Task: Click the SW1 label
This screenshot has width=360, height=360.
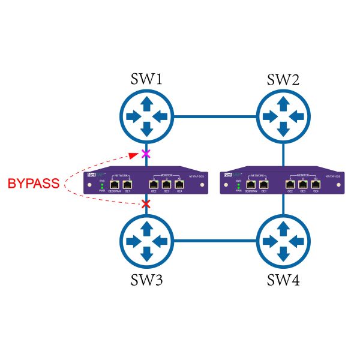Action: click(x=147, y=80)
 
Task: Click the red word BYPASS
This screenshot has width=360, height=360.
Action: click(x=34, y=184)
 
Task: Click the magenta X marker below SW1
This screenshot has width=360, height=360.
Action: click(x=145, y=154)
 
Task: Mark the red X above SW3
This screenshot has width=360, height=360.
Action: click(x=145, y=205)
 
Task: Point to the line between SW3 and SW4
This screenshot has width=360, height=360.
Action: click(x=214, y=241)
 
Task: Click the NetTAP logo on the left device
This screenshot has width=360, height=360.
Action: click(x=93, y=175)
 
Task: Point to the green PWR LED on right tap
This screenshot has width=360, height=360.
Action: click(x=238, y=187)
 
